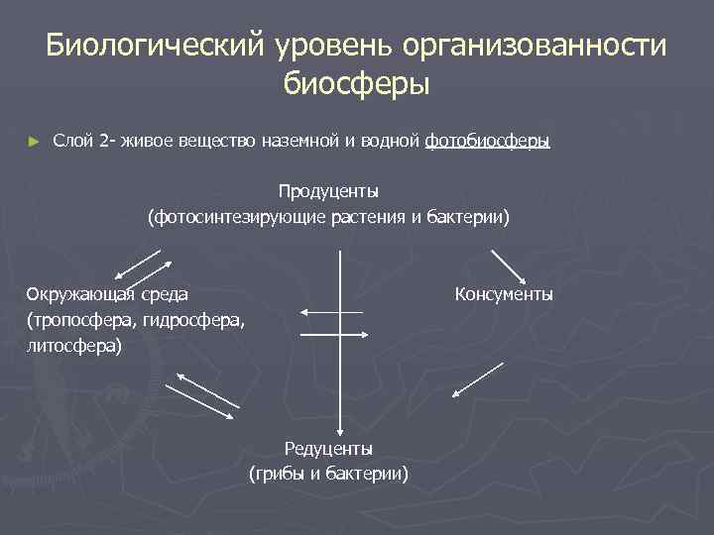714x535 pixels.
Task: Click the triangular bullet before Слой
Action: (x=35, y=142)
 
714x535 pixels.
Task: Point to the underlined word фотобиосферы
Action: (x=486, y=142)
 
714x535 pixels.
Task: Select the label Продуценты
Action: (x=328, y=190)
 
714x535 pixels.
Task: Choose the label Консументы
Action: (x=504, y=294)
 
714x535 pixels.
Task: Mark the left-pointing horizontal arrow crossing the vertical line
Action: (x=331, y=313)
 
